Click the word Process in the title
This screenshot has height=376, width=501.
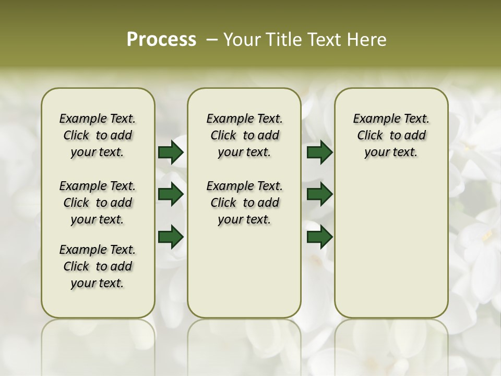coord(161,40)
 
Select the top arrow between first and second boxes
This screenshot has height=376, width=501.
coord(171,152)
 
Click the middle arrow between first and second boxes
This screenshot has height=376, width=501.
coord(171,194)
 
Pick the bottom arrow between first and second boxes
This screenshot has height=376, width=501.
coord(171,237)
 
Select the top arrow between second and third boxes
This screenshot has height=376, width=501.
coord(319,152)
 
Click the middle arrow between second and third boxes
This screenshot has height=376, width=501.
coord(319,194)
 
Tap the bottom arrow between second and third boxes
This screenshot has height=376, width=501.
coord(319,237)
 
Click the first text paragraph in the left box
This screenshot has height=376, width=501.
coord(98,135)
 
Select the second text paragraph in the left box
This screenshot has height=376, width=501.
coord(98,203)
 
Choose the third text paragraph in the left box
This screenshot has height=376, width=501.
coord(98,266)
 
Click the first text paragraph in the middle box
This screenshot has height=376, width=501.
coord(244,135)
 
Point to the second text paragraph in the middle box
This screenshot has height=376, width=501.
coord(244,203)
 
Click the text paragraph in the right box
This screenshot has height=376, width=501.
coord(391,135)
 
